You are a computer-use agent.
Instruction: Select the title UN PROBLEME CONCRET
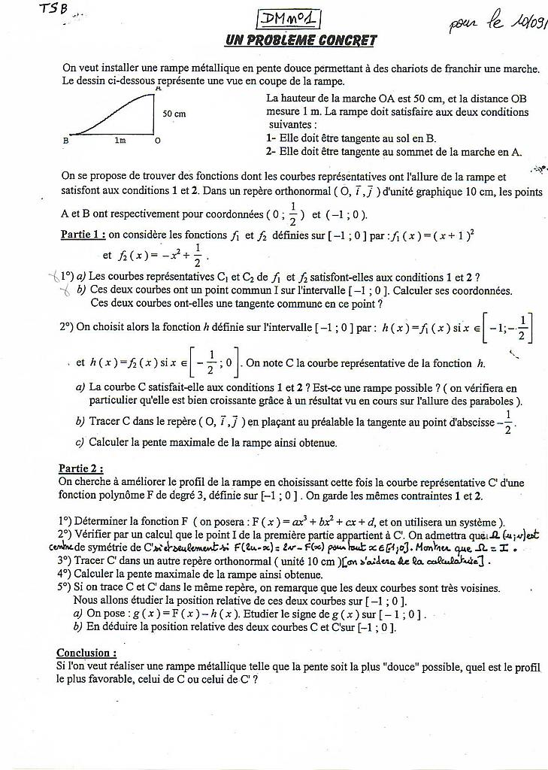pos(301,40)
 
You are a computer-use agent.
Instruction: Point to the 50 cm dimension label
pos(174,114)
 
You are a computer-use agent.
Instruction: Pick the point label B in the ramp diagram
pos(65,141)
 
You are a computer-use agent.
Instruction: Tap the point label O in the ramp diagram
pos(157,141)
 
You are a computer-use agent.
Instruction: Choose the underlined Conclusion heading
pos(86,653)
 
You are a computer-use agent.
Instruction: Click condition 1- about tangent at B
pos(351,138)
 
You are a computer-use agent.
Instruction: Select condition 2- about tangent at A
pos(393,152)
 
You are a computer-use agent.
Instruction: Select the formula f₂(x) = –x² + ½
pos(162,256)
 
